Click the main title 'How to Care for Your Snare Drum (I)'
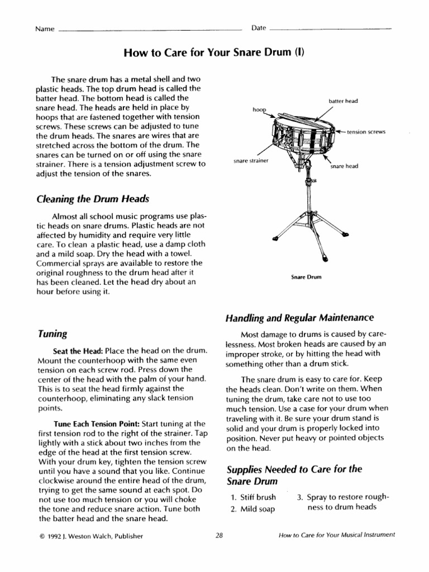click(x=214, y=54)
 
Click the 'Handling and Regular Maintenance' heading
click(x=299, y=318)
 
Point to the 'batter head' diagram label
click(x=343, y=101)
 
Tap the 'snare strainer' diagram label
click(x=251, y=161)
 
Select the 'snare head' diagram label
click(x=344, y=166)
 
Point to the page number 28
click(x=219, y=535)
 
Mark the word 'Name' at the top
click(x=45, y=28)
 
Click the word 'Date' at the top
click(x=259, y=28)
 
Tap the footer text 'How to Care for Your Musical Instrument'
click(x=336, y=535)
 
